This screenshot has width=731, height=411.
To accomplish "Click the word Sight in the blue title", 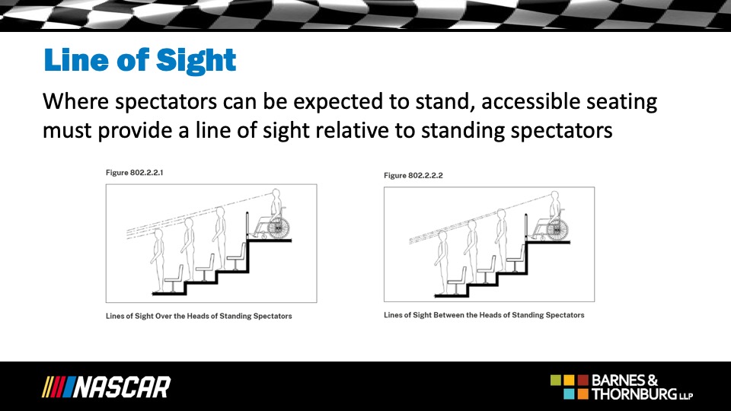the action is coord(196,61).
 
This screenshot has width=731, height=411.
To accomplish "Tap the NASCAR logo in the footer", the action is coord(107,387).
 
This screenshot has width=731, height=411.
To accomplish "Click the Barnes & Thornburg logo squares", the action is coord(570,387).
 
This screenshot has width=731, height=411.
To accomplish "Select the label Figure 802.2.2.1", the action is coord(134,173).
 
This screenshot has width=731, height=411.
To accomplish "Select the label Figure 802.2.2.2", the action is coord(413,175).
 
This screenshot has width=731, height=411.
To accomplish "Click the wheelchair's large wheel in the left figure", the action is coord(279,228).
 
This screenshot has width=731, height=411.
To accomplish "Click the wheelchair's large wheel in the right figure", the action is coord(557,230).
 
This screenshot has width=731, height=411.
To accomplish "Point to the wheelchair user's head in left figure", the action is coord(276,193).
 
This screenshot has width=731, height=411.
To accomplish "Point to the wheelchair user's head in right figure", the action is coord(554,196).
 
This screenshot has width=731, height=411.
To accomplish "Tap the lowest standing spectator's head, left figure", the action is coord(158,233).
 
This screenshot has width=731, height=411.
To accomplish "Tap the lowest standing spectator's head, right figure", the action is coord(442,235).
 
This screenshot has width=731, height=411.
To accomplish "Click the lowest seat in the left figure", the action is coord(174,279).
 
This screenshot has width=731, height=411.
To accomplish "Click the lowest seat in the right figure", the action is coord(457,281).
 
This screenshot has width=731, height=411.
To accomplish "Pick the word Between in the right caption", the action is coord(448,315).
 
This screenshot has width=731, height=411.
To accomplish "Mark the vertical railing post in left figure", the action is coord(247,226).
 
